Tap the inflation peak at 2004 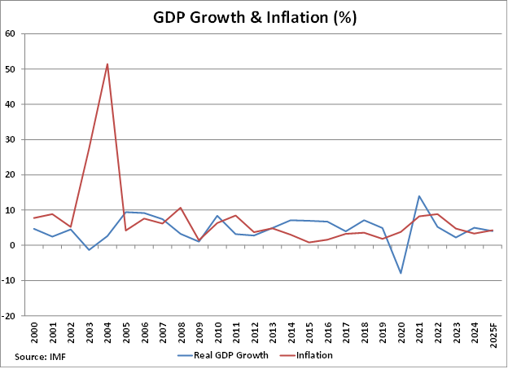(107, 64)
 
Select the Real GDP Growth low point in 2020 (401, 273)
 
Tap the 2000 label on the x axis (34, 332)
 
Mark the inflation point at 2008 (181, 208)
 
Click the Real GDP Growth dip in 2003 (90, 249)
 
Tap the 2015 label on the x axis (309, 332)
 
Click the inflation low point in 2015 (309, 242)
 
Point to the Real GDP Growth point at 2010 (217, 216)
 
